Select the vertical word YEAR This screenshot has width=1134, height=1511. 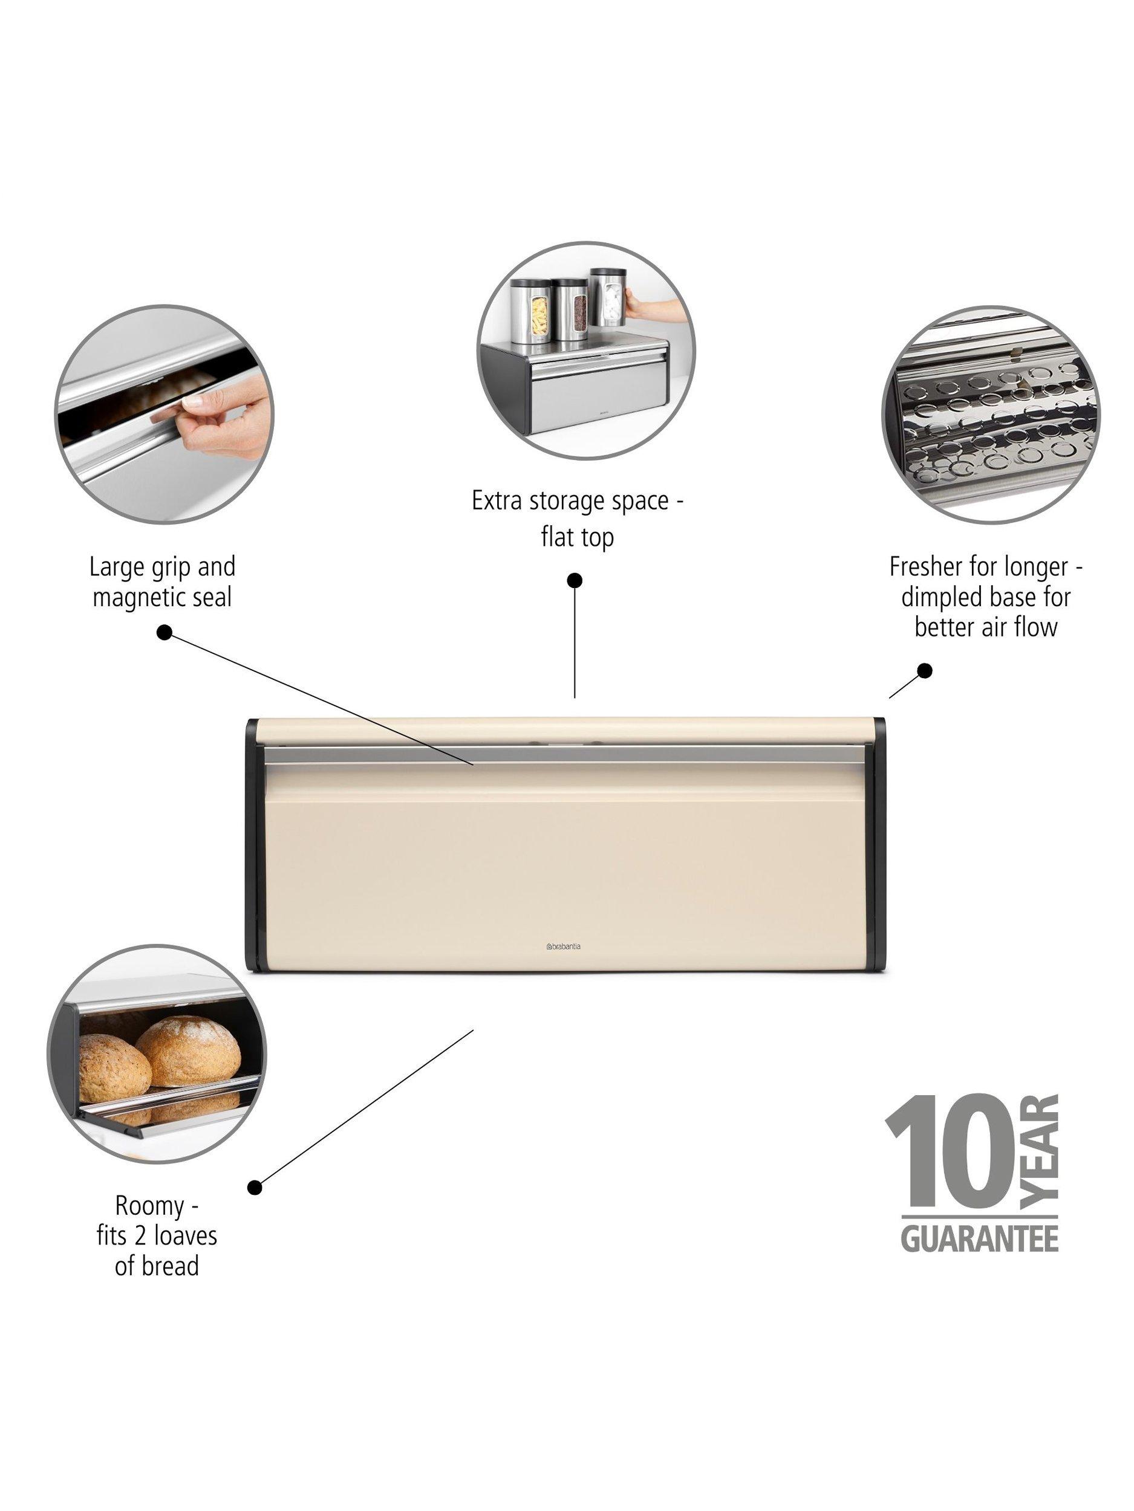[1039, 1153]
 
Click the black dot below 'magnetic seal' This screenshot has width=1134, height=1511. [164, 632]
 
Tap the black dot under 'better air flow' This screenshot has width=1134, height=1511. [924, 670]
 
